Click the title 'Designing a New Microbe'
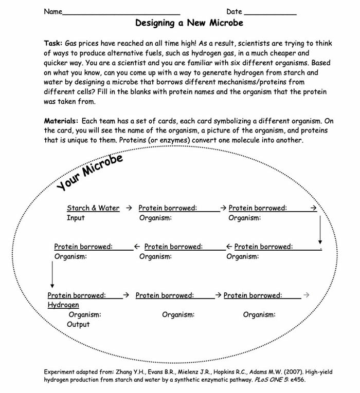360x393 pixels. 189,23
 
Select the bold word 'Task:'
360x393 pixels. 53,43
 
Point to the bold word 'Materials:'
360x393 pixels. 61,121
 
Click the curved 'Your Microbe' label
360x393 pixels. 90,172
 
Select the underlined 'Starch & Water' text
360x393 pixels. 93,208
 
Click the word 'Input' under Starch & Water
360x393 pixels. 76,218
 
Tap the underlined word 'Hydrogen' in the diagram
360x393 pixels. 63,305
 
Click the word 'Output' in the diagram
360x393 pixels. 78,324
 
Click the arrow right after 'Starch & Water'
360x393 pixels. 129,208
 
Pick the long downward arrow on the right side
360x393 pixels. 320,229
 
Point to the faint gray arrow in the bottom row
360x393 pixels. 306,295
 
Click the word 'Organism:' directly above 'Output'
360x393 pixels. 85,314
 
